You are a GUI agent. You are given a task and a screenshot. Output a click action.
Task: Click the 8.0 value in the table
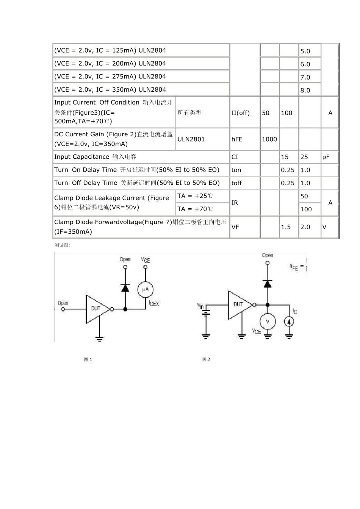coord(305,90)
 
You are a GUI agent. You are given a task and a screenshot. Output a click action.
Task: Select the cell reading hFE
coord(237,139)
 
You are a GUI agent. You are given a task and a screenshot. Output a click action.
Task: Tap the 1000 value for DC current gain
coord(269,139)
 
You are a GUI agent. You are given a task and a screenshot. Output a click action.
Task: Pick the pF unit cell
coord(326,157)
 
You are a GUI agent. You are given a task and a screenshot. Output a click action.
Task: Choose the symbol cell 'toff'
coord(236,183)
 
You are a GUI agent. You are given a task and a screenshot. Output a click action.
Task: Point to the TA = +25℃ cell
coord(195,196)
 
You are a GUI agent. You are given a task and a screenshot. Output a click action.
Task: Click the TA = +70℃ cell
coord(195,209)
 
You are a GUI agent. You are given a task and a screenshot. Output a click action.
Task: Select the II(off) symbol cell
coord(240,113)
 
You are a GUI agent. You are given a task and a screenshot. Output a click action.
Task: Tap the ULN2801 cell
coord(191,139)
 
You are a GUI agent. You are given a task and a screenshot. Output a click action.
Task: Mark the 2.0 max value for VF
coord(305,227)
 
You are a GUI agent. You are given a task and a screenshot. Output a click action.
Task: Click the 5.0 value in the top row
coord(305,51)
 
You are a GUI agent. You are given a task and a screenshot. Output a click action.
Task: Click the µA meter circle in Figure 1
coord(146,290)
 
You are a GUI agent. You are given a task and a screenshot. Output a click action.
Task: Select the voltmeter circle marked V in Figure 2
coord(268,322)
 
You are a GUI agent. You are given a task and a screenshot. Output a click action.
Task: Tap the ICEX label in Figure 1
coord(154,303)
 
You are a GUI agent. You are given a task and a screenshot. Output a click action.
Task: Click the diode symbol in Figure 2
coord(268,283)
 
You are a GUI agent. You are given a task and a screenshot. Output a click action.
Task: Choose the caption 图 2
coord(206,359)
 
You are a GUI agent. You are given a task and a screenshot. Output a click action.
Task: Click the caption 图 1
coord(88,359)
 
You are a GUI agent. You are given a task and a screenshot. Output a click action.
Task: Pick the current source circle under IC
coord(289,322)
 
